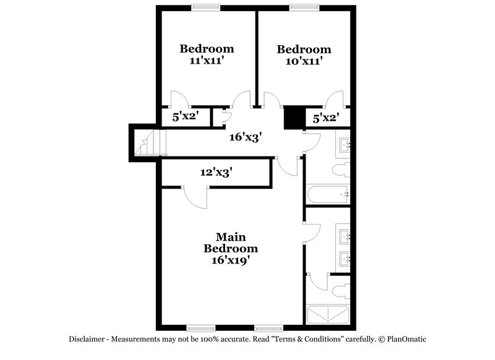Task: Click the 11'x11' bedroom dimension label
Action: [x=206, y=61]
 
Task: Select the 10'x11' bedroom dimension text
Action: [x=303, y=61]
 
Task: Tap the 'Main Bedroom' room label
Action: [x=231, y=242]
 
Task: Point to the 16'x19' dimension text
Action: [x=231, y=260]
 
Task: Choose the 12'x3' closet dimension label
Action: [x=216, y=173]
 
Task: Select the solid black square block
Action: [x=293, y=118]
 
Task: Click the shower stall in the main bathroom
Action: [x=328, y=315]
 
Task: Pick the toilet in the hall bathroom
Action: [x=342, y=169]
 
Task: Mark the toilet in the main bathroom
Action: [x=341, y=291]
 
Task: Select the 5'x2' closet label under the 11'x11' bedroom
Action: [x=184, y=116]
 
